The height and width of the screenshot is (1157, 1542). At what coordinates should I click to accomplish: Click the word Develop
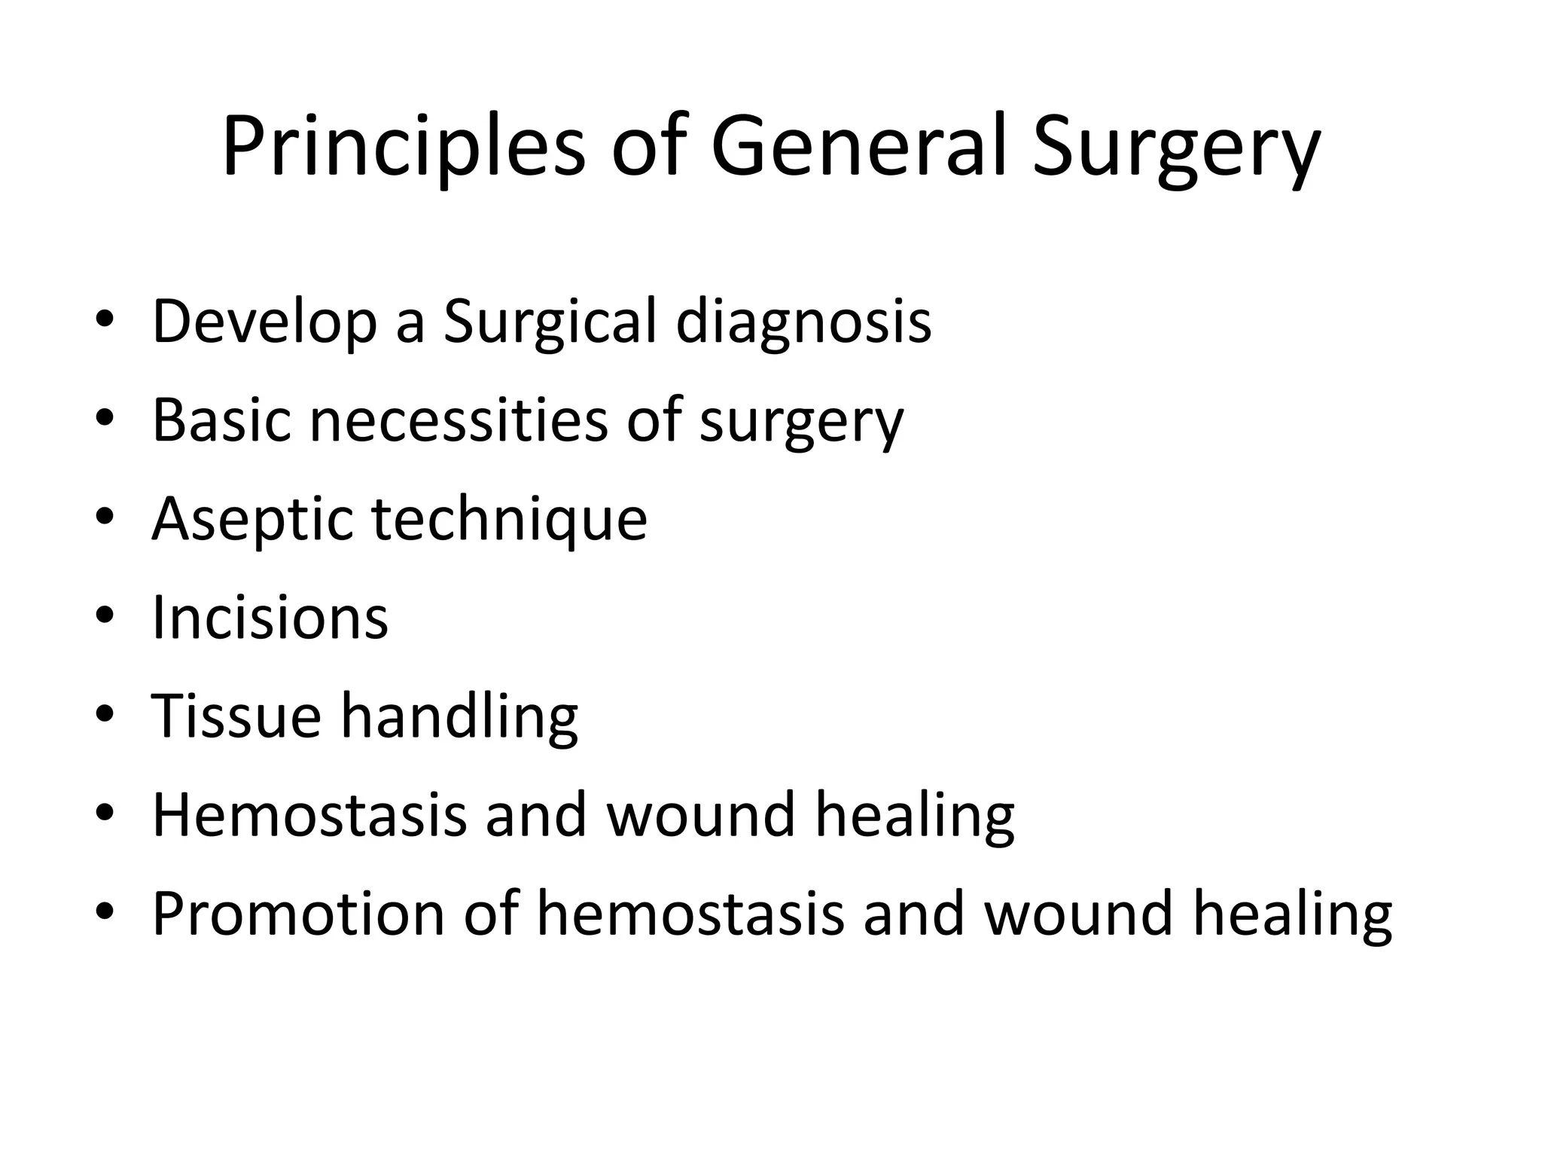point(264,322)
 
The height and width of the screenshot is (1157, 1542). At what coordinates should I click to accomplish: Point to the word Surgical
point(550,322)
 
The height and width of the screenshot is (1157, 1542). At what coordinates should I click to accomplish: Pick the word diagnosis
point(803,322)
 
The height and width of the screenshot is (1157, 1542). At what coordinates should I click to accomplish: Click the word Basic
point(221,420)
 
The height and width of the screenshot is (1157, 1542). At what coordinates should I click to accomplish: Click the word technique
point(510,520)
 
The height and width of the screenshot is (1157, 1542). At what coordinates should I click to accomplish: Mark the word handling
point(459,717)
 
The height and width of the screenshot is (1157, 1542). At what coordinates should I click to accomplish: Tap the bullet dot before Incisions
point(105,616)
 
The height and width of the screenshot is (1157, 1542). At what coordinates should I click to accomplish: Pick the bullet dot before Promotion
point(105,912)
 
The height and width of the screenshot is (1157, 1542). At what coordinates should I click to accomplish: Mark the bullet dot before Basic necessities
point(105,418)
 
